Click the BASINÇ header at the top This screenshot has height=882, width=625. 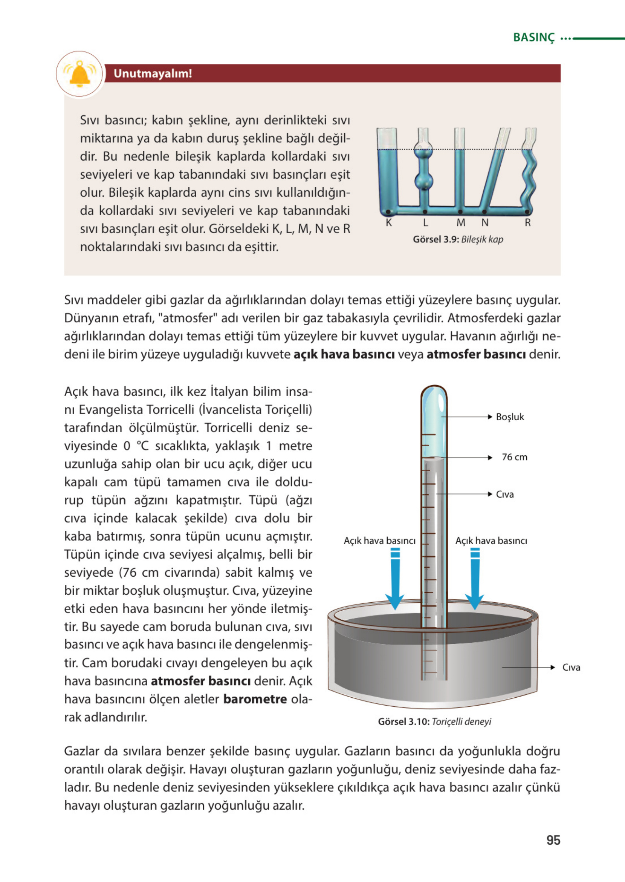[534, 38]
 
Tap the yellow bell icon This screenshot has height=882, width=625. [79, 73]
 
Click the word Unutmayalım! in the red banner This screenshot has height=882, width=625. [153, 73]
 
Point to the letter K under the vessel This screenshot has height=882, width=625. [389, 223]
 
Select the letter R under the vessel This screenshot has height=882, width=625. [528, 223]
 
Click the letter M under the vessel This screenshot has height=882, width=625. [461, 223]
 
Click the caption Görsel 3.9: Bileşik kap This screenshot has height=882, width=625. [458, 239]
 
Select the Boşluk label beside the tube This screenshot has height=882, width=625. [510, 417]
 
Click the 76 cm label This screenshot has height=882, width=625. [514, 457]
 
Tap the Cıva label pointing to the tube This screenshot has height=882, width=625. [504, 494]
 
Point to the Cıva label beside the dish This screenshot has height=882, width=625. [571, 668]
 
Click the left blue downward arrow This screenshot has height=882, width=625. [395, 581]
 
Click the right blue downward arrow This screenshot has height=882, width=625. [475, 581]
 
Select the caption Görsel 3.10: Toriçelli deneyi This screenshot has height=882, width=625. [434, 721]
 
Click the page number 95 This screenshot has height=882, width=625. [553, 840]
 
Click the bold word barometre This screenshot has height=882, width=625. [255, 699]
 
